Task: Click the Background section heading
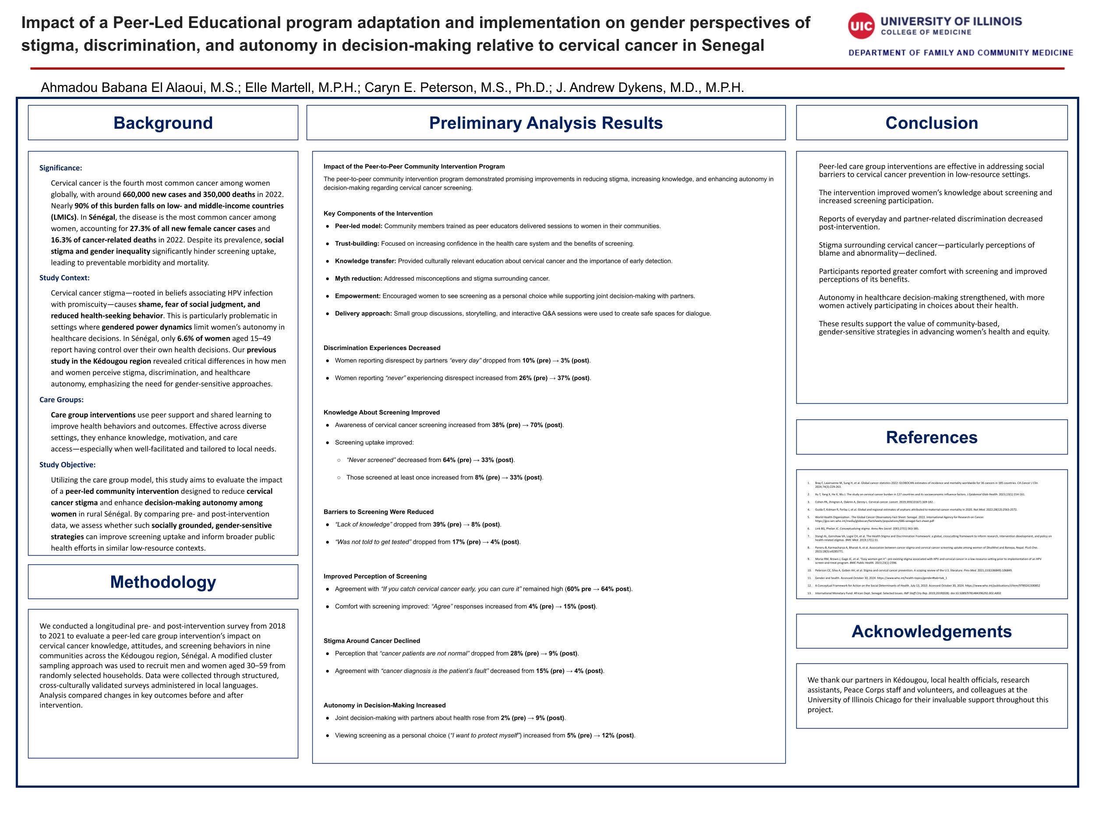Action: click(163, 123)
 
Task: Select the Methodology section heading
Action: click(163, 582)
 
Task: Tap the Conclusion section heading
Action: click(931, 123)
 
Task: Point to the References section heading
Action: click(931, 437)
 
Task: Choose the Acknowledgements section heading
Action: click(931, 631)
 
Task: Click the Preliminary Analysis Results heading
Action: click(545, 123)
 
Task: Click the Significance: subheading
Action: click(61, 168)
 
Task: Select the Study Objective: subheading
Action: click(67, 465)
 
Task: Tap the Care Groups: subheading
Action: click(61, 400)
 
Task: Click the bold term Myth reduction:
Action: click(358, 278)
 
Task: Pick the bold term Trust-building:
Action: click(357, 243)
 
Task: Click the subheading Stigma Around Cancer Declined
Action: click(372, 641)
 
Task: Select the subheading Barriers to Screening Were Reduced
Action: click(378, 512)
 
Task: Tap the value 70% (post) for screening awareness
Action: click(547, 425)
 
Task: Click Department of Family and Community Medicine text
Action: click(961, 53)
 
